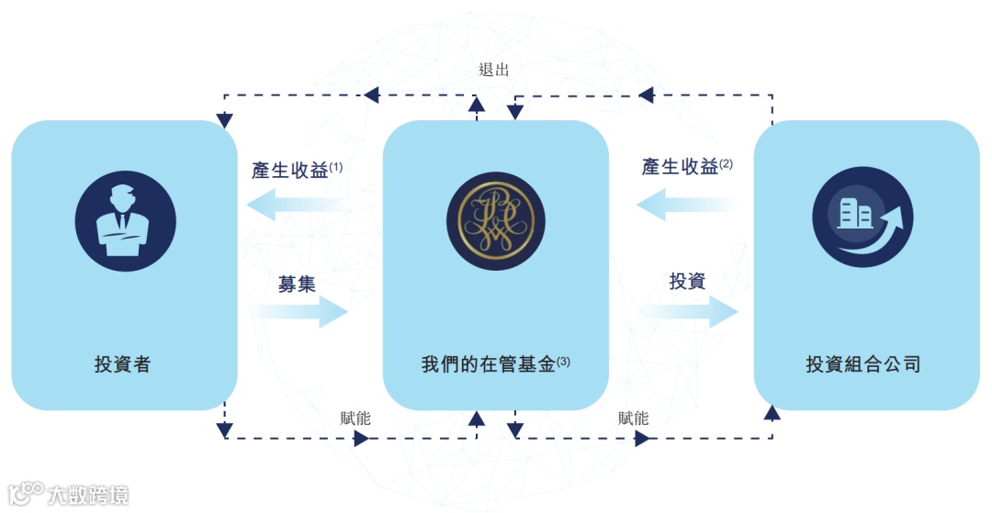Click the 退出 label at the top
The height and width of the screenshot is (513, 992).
[x=493, y=70]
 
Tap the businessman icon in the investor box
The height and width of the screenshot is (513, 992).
[x=125, y=221]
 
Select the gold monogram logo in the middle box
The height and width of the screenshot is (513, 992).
[x=495, y=221]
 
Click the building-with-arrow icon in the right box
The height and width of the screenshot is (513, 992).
[x=862, y=221]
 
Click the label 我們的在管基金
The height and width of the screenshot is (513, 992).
[x=488, y=364]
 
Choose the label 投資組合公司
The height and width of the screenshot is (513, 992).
[x=862, y=364]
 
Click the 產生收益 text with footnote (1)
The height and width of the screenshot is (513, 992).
[x=290, y=171]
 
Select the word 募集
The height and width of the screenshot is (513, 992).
[x=297, y=284]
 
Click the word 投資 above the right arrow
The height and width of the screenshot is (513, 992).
[x=687, y=282]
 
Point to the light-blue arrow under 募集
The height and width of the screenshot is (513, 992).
[x=299, y=313]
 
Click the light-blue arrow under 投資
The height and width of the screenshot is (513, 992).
[x=689, y=312]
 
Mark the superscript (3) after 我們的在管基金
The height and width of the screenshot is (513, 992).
[x=563, y=362]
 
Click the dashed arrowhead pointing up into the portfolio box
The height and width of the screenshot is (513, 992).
[x=772, y=414]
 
